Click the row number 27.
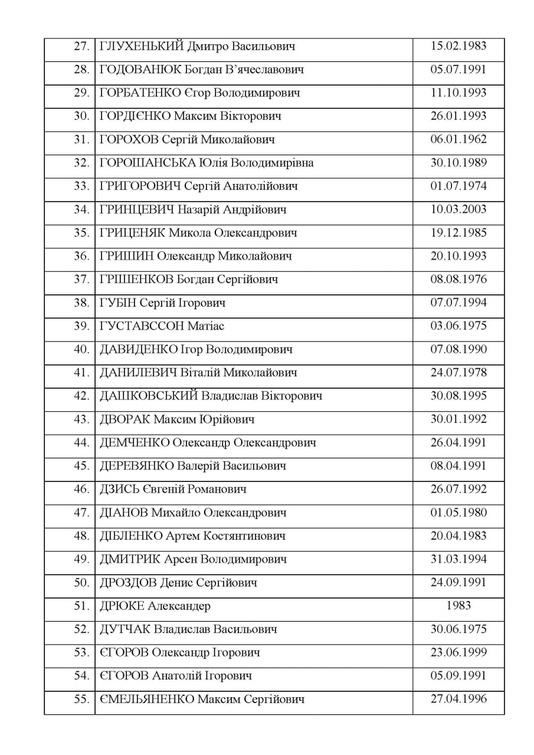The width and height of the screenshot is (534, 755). (x=81, y=47)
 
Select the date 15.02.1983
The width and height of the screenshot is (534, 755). (x=458, y=47)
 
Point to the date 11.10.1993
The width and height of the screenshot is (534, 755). (x=458, y=93)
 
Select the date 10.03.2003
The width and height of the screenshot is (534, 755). (x=458, y=209)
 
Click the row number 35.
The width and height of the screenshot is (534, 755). (x=81, y=233)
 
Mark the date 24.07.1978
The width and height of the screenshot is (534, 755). (x=458, y=373)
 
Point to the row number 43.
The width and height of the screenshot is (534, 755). (x=81, y=420)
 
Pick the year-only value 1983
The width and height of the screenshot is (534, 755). (x=458, y=606)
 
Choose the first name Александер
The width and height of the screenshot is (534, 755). (x=179, y=606)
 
